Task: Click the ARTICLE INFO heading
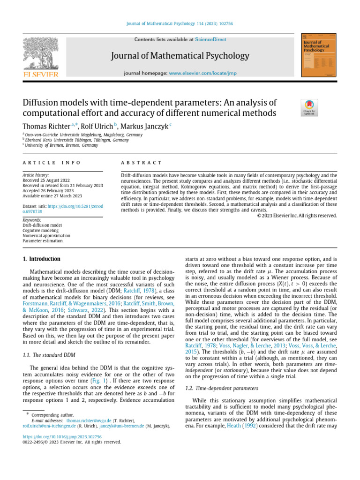point(52,162)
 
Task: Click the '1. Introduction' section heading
point(42,259)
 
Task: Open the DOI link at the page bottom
point(62,436)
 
